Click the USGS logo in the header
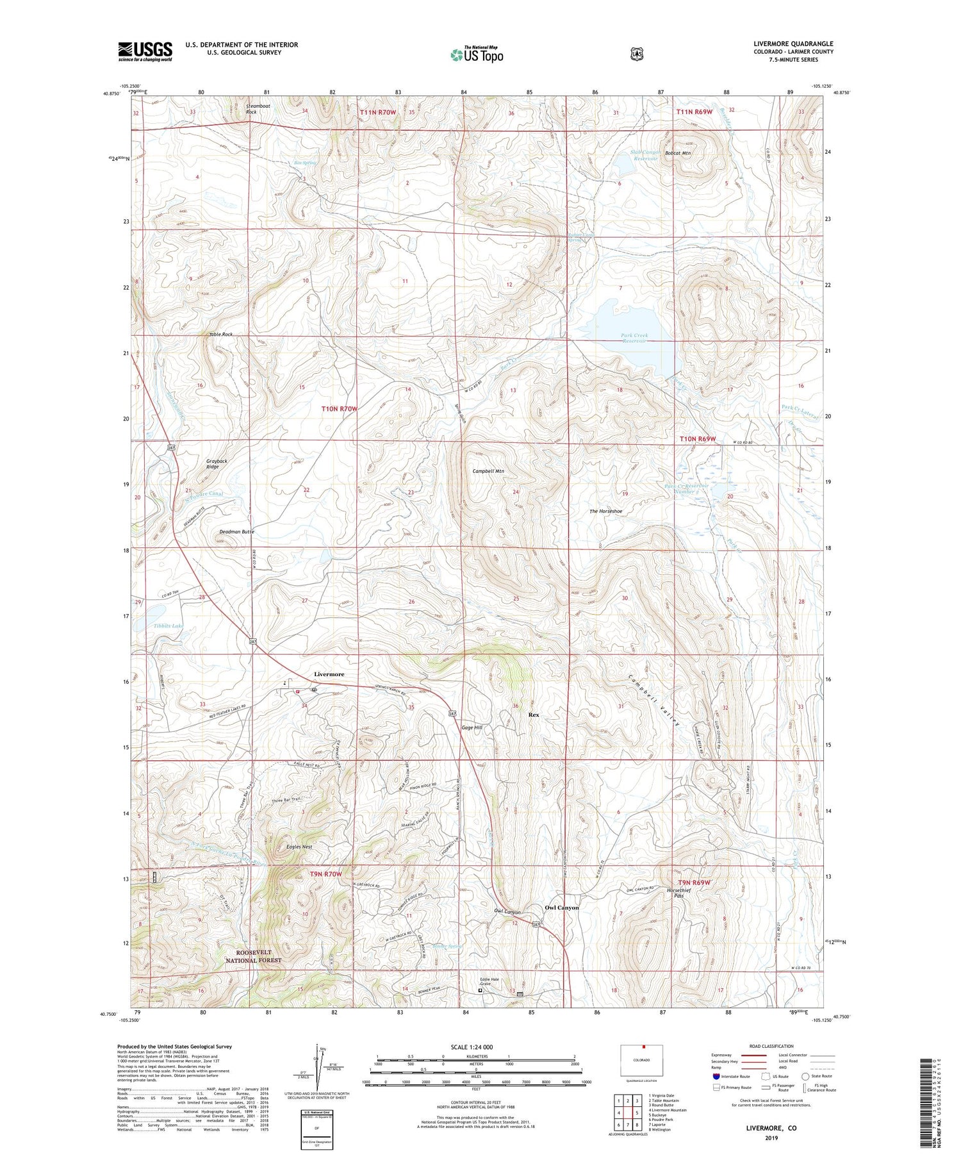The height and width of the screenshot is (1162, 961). (145, 51)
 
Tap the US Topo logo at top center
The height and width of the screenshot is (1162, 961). (477, 54)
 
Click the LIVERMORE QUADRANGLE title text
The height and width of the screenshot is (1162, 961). (793, 44)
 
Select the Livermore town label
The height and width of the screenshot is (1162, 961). (329, 674)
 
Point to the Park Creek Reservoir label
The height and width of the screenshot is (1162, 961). (634, 338)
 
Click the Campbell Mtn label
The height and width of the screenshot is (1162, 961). (488, 471)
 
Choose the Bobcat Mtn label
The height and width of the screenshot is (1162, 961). (677, 153)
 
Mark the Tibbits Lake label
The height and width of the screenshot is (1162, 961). (168, 626)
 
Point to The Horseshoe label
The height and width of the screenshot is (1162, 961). (605, 511)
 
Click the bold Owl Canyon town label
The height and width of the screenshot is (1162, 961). (561, 908)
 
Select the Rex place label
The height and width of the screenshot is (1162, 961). (533, 714)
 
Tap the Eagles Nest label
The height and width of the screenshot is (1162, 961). (299, 847)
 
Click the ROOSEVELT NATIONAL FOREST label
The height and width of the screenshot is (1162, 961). (253, 956)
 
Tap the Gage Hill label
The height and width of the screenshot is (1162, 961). (472, 727)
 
